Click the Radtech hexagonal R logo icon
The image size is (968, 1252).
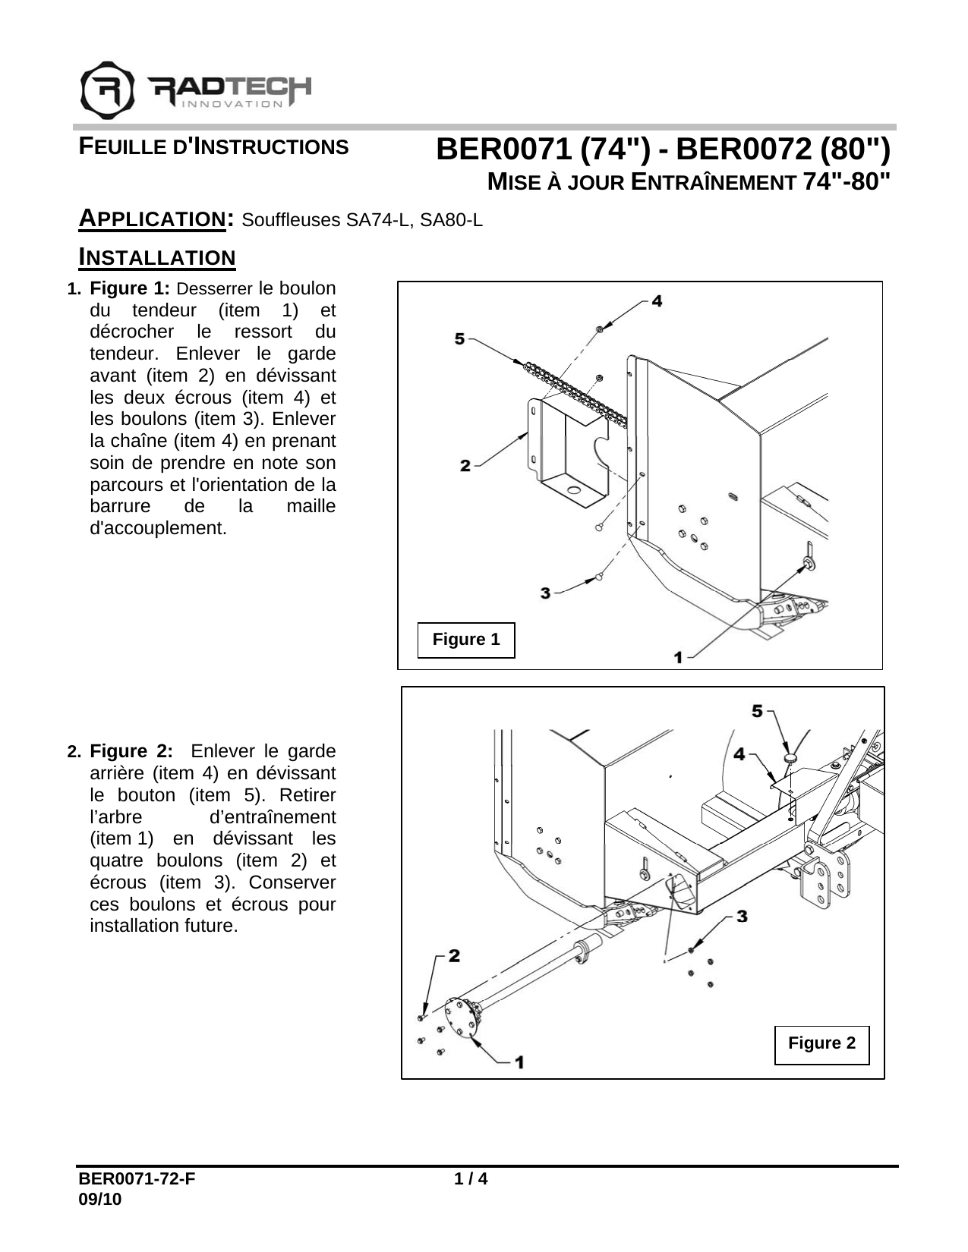pyautogui.click(x=107, y=90)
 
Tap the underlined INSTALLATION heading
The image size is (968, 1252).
pyautogui.click(x=158, y=258)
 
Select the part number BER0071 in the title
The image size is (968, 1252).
pyautogui.click(x=503, y=150)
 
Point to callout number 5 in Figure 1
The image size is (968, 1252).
pyautogui.click(x=460, y=338)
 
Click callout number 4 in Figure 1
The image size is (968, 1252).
pyautogui.click(x=656, y=300)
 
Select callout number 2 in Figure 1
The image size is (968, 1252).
pyautogui.click(x=465, y=464)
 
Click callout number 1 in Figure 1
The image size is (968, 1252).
pyautogui.click(x=678, y=657)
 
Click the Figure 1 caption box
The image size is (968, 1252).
pyautogui.click(x=466, y=640)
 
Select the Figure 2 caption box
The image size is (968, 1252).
pyautogui.click(x=821, y=1043)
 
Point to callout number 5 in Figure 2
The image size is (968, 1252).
pyautogui.click(x=758, y=711)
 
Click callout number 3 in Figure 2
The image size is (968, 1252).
pyautogui.click(x=742, y=917)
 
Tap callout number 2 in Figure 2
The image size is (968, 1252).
pyautogui.click(x=454, y=956)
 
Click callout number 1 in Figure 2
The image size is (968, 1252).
pyautogui.click(x=519, y=1062)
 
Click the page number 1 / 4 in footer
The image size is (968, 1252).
pyautogui.click(x=470, y=1179)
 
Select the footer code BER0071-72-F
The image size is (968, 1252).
pyautogui.click(x=136, y=1179)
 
